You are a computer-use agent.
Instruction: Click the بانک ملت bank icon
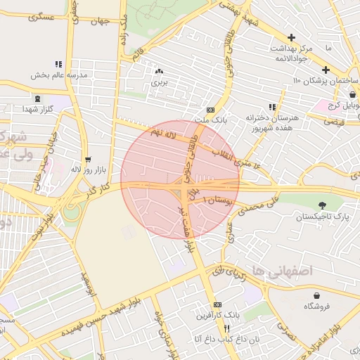[x=210, y=110]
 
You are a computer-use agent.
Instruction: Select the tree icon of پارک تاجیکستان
[x=322, y=205]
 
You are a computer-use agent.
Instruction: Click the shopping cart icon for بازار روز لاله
[x=88, y=160]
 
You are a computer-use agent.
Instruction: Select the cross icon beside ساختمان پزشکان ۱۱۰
[x=326, y=70]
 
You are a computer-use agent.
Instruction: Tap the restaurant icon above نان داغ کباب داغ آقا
[x=226, y=328]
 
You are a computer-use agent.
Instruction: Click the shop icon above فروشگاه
[x=317, y=295]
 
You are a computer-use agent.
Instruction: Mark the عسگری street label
[x=41, y=17]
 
